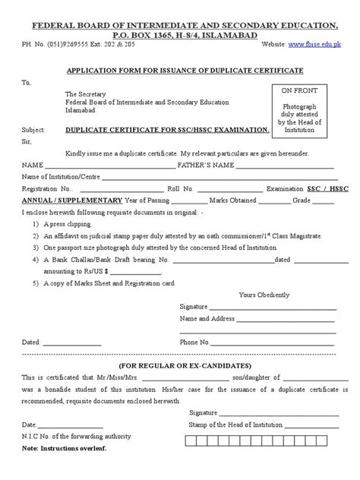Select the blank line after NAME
[110, 166]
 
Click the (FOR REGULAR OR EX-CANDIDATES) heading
[178, 365]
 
